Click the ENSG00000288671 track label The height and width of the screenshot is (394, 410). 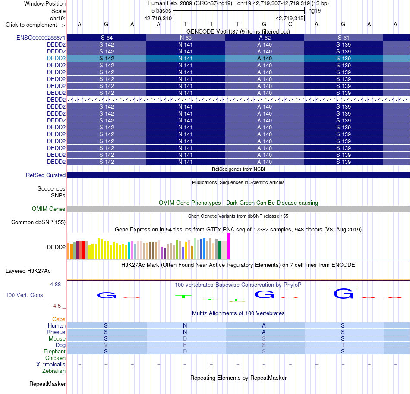41,38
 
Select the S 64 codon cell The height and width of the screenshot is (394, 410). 107,38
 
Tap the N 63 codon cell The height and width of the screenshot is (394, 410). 186,38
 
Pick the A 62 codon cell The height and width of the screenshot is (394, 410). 265,38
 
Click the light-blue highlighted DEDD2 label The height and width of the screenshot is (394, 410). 56,59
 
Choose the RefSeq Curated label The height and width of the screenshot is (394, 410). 45,175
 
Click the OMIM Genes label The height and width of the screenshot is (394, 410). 48,209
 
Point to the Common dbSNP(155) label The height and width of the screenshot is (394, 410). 38,222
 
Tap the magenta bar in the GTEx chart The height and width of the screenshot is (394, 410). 229,246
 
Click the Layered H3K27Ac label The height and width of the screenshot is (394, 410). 28,271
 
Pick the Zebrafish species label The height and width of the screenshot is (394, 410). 54,371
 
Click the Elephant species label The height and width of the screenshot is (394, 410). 54,351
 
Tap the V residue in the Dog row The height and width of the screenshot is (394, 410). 106,345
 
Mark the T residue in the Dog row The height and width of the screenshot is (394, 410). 343,345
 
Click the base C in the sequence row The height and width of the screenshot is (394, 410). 290,25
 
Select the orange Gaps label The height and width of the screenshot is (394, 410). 59,319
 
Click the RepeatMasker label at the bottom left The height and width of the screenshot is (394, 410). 47,384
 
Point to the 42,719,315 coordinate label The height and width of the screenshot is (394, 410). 290,18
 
